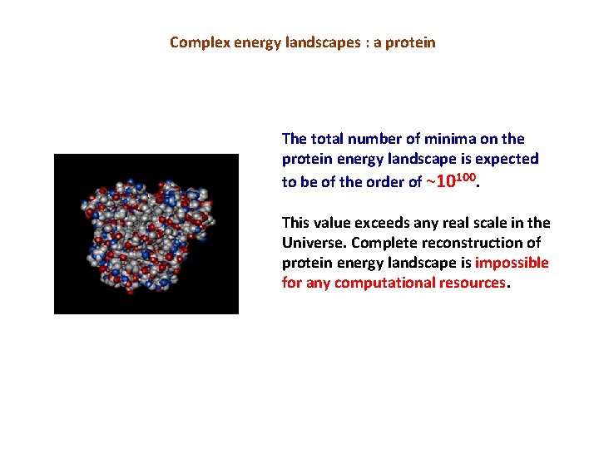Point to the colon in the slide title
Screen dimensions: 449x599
[x=363, y=42]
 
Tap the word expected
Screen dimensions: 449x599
[x=507, y=159]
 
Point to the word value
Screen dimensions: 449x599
[x=331, y=223]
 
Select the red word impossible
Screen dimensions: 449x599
[x=512, y=263]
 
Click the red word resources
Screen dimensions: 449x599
[x=476, y=283]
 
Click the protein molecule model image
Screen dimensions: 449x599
[x=146, y=234]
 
